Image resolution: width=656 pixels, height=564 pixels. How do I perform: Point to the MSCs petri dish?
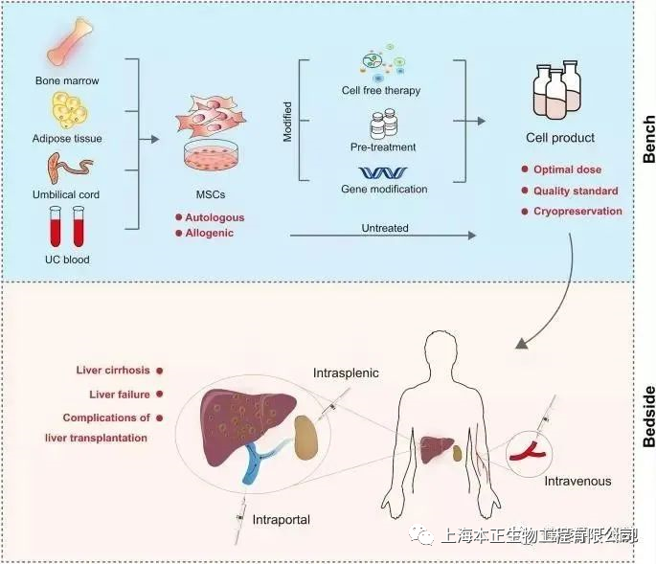click(x=210, y=152)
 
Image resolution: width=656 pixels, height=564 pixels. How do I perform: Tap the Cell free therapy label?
click(x=381, y=91)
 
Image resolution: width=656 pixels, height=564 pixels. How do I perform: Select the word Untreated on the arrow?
click(x=386, y=228)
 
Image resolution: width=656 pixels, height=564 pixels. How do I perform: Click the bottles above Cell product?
click(x=560, y=89)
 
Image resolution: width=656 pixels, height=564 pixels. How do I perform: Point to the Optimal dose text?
click(x=568, y=170)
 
